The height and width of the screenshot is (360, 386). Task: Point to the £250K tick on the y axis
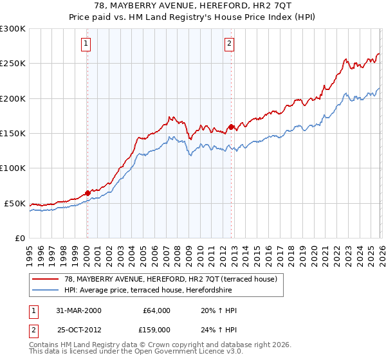(13, 64)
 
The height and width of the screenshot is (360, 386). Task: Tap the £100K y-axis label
(13, 168)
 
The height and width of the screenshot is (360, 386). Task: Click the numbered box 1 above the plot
(86, 44)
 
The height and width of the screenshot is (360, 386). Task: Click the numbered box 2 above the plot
(230, 44)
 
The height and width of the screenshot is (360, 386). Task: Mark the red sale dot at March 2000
(88, 193)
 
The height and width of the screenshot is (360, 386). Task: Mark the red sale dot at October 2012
(232, 127)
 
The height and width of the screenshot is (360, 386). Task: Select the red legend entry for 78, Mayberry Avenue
(170, 279)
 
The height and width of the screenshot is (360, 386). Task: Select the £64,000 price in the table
(157, 310)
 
